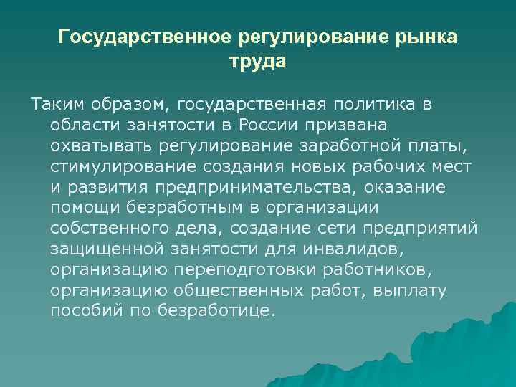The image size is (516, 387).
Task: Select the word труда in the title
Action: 257,62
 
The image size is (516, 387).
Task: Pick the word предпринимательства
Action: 254,188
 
